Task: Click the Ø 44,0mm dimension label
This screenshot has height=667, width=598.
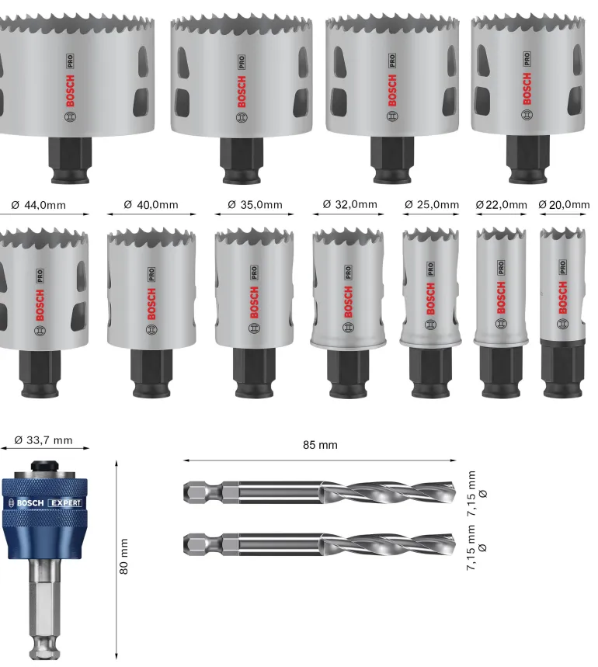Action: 38,205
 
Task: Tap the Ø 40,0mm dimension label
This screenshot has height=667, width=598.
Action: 151,205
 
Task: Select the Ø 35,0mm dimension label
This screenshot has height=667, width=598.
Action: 255,205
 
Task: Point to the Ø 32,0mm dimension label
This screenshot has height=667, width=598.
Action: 349,204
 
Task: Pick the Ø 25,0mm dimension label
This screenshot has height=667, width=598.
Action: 432,205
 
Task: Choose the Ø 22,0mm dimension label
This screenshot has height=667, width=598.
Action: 502,205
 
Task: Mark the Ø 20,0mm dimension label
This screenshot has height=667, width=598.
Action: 564,205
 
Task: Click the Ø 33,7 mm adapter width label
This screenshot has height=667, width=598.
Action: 43,439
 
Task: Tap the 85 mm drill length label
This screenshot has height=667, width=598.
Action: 320,445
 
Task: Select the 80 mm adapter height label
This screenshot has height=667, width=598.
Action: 123,557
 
